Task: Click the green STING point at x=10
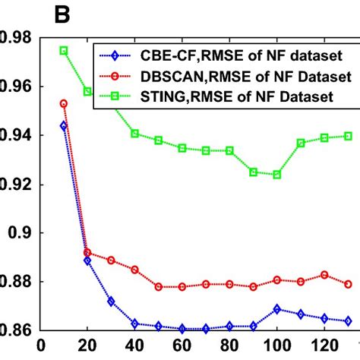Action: point(64,50)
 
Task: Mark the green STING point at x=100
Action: point(276,175)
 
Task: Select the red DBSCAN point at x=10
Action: point(64,103)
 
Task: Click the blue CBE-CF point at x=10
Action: point(64,125)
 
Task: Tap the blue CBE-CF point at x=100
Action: point(276,309)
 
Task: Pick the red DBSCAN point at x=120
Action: point(324,275)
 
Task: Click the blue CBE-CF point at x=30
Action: point(111,302)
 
